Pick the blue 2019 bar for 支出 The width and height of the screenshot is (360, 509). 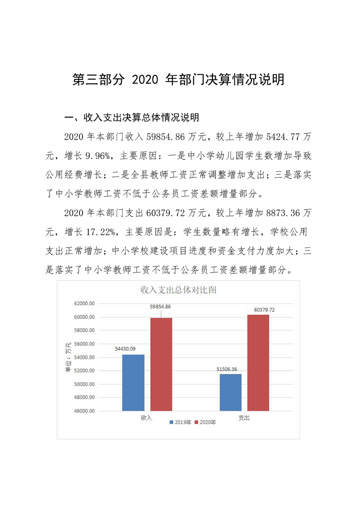coord(231,392)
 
